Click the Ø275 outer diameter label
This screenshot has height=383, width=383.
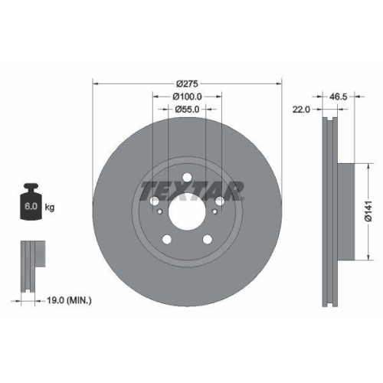tap(187, 83)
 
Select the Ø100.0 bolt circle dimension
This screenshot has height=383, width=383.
tap(187, 97)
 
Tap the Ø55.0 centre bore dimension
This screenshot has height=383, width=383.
tap(187, 110)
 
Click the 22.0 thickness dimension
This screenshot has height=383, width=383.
tap(300, 110)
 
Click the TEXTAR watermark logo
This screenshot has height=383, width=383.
tap(191, 189)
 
